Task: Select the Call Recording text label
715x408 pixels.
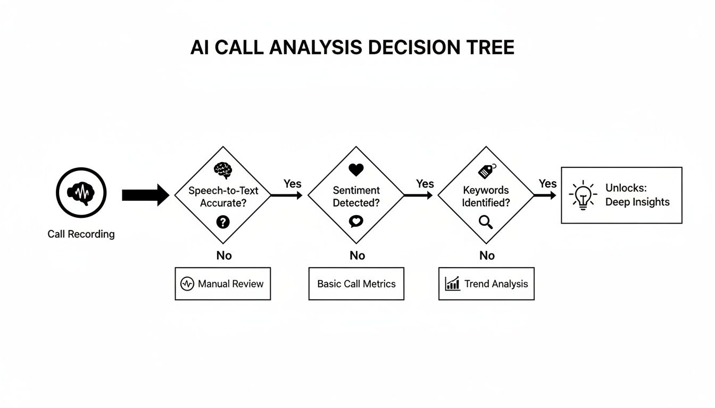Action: click(81, 234)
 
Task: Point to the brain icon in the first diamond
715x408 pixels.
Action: click(223, 170)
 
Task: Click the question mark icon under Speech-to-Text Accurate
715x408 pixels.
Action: click(223, 222)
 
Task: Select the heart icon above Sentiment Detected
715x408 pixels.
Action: click(356, 170)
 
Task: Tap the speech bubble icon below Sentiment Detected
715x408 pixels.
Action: click(356, 222)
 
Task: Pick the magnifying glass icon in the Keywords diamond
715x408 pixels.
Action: click(486, 222)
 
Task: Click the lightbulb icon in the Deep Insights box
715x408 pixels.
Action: click(583, 195)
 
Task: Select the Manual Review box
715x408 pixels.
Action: click(223, 284)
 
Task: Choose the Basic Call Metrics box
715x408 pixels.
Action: click(356, 284)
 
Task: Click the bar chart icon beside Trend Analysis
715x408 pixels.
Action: click(452, 284)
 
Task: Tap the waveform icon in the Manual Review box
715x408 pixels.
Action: click(187, 284)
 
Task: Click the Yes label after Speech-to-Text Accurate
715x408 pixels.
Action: click(292, 184)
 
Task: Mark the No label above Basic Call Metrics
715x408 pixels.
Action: click(357, 256)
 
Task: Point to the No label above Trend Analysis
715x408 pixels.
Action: click(487, 256)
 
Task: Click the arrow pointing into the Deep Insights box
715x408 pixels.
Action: click(545, 195)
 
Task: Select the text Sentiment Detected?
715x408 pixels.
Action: click(356, 196)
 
